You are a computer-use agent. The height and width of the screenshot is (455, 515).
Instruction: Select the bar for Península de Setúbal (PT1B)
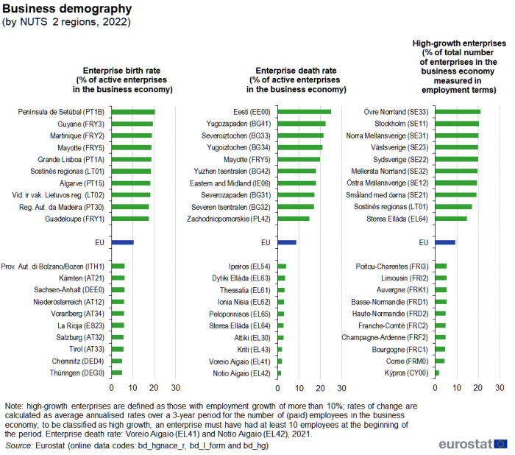133,112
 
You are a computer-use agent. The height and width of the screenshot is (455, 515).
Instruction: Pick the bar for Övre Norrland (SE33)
458,112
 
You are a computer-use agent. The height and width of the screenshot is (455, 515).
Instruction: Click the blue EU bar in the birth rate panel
122,242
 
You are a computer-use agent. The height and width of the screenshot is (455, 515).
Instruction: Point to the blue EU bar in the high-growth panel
445,242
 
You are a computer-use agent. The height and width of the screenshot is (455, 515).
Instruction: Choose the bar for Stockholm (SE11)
457,124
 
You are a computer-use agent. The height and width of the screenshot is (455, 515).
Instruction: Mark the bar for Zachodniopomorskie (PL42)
294,219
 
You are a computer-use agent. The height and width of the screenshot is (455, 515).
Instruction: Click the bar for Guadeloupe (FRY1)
130,219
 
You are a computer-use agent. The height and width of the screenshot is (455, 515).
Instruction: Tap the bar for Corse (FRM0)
440,361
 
